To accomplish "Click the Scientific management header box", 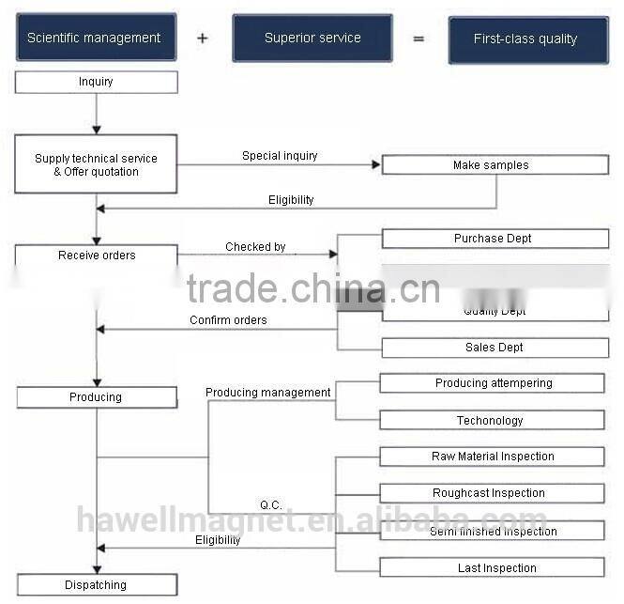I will pos(96,39).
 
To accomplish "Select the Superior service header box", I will pos(312,39).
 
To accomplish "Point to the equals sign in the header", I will pos(419,39).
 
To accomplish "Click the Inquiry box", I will pos(96,83).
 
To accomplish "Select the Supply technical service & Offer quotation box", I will pos(96,164).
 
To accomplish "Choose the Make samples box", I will pos(495,165).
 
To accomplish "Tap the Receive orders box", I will pos(96,256).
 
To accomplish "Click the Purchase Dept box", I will pos(495,239).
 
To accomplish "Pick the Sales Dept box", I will pos(495,348).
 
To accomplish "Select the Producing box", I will pos(96,397).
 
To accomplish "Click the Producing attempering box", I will pos(492,383).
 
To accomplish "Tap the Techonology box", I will pos(492,421).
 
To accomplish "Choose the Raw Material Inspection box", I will pos(492,457).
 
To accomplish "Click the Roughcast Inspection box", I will pos(492,493).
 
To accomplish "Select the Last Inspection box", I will pos(492,567).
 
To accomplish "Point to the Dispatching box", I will pos(96,585).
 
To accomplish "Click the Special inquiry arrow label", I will pos(280,156).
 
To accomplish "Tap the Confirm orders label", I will pos(228,320).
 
